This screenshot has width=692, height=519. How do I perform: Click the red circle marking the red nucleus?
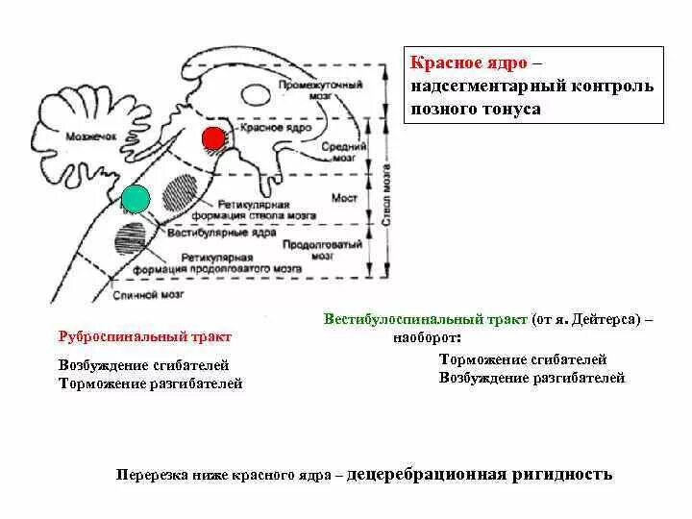(213, 138)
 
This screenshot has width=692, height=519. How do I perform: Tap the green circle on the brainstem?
(136, 198)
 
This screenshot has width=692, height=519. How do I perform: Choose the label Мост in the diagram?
(343, 197)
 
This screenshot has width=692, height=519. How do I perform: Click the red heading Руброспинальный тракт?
(145, 337)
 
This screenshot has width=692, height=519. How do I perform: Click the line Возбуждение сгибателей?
(143, 366)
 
